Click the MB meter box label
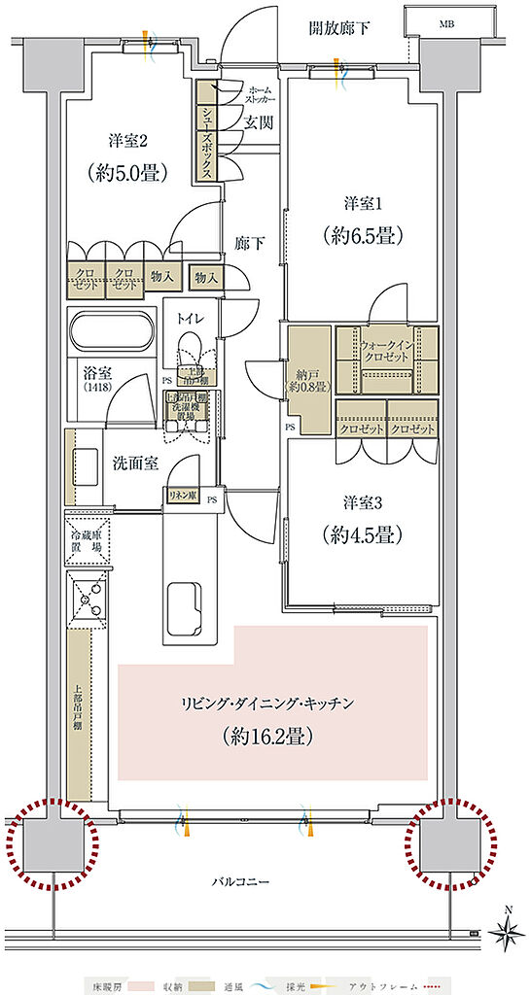[446, 22]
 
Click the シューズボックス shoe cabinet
[207, 131]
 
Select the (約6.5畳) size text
[363, 235]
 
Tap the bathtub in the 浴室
[114, 334]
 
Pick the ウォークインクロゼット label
[386, 350]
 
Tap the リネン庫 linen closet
[181, 495]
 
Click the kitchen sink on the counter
[184, 607]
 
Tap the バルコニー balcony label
[243, 881]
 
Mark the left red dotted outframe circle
[50, 842]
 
